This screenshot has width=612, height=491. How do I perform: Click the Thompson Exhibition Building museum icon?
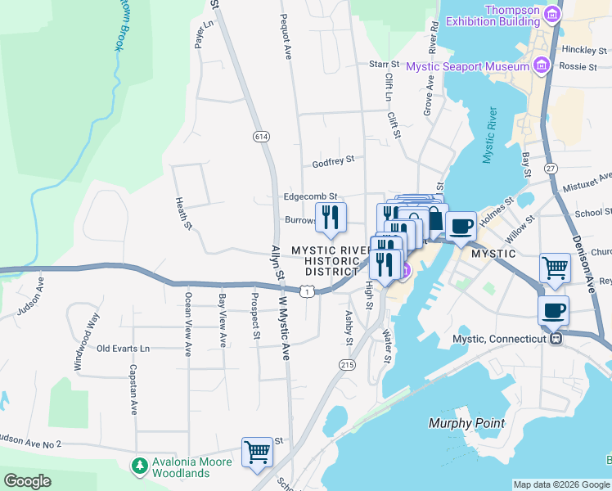tap(553, 14)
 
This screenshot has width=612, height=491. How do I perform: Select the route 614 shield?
tap(261, 135)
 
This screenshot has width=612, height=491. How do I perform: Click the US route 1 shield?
tap(306, 291)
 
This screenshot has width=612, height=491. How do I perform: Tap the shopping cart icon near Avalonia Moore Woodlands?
tap(257, 452)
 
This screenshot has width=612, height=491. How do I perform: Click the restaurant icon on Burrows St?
tap(331, 217)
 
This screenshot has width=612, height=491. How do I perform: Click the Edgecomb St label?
tap(310, 196)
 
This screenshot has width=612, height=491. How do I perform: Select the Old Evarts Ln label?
tap(124, 348)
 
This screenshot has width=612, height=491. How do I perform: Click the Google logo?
tap(27, 481)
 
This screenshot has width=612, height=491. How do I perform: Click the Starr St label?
tap(383, 63)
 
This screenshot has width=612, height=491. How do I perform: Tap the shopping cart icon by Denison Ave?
tap(556, 268)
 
